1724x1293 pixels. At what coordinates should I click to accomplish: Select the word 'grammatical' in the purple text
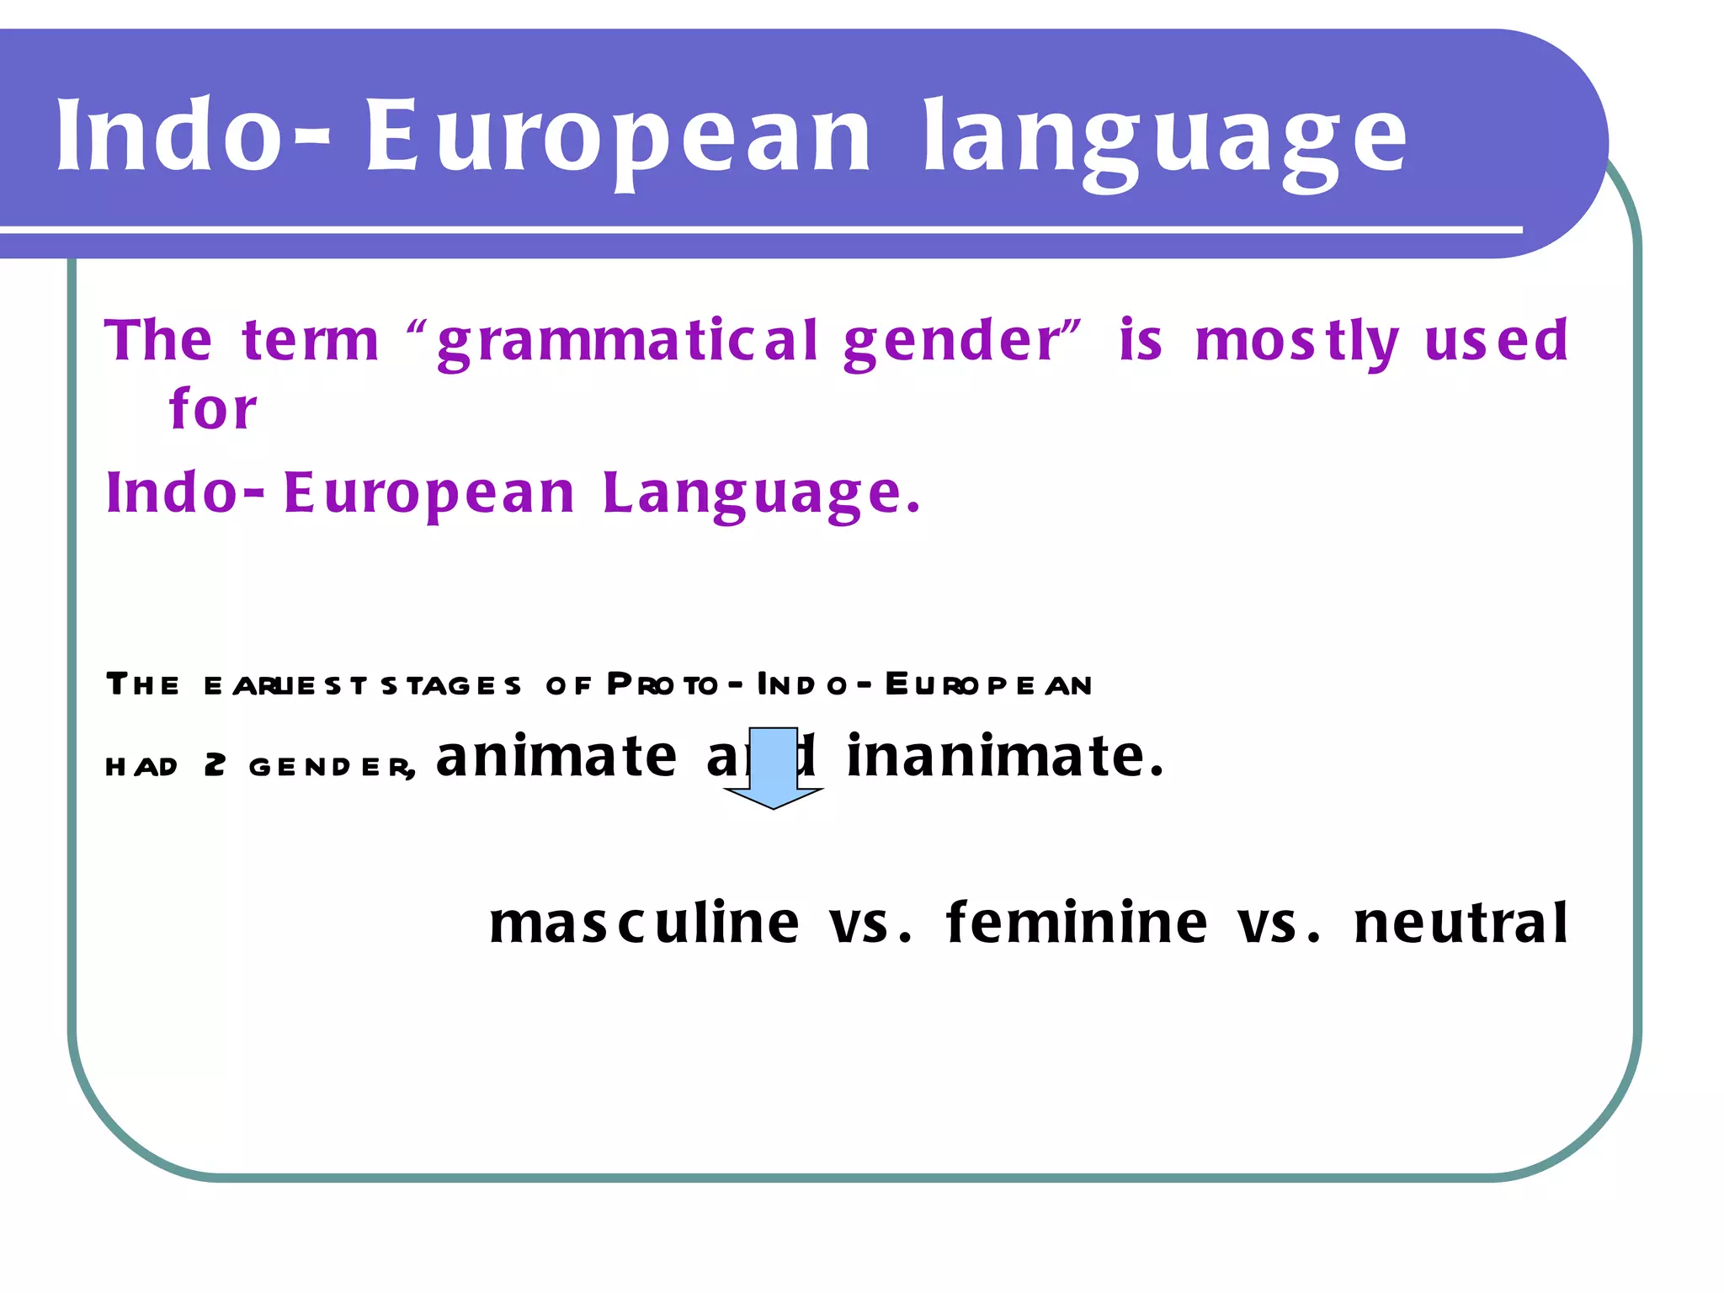[627, 341]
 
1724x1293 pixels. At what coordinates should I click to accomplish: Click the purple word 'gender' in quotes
[951, 341]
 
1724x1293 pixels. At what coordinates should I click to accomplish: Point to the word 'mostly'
[1296, 341]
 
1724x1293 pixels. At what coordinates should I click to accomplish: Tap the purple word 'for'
[212, 409]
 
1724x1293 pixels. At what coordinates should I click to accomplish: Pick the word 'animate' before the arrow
[556, 755]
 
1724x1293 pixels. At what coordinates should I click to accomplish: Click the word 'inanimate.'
[1006, 755]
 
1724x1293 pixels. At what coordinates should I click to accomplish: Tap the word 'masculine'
[644, 923]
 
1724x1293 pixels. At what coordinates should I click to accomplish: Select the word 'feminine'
[1077, 923]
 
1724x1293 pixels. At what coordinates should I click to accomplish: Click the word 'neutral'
[1461, 923]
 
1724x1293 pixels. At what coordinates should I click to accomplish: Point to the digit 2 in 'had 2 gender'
[215, 765]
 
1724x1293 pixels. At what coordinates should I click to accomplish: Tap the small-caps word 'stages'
[451, 685]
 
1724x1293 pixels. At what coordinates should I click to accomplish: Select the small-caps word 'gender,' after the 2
[332, 767]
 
